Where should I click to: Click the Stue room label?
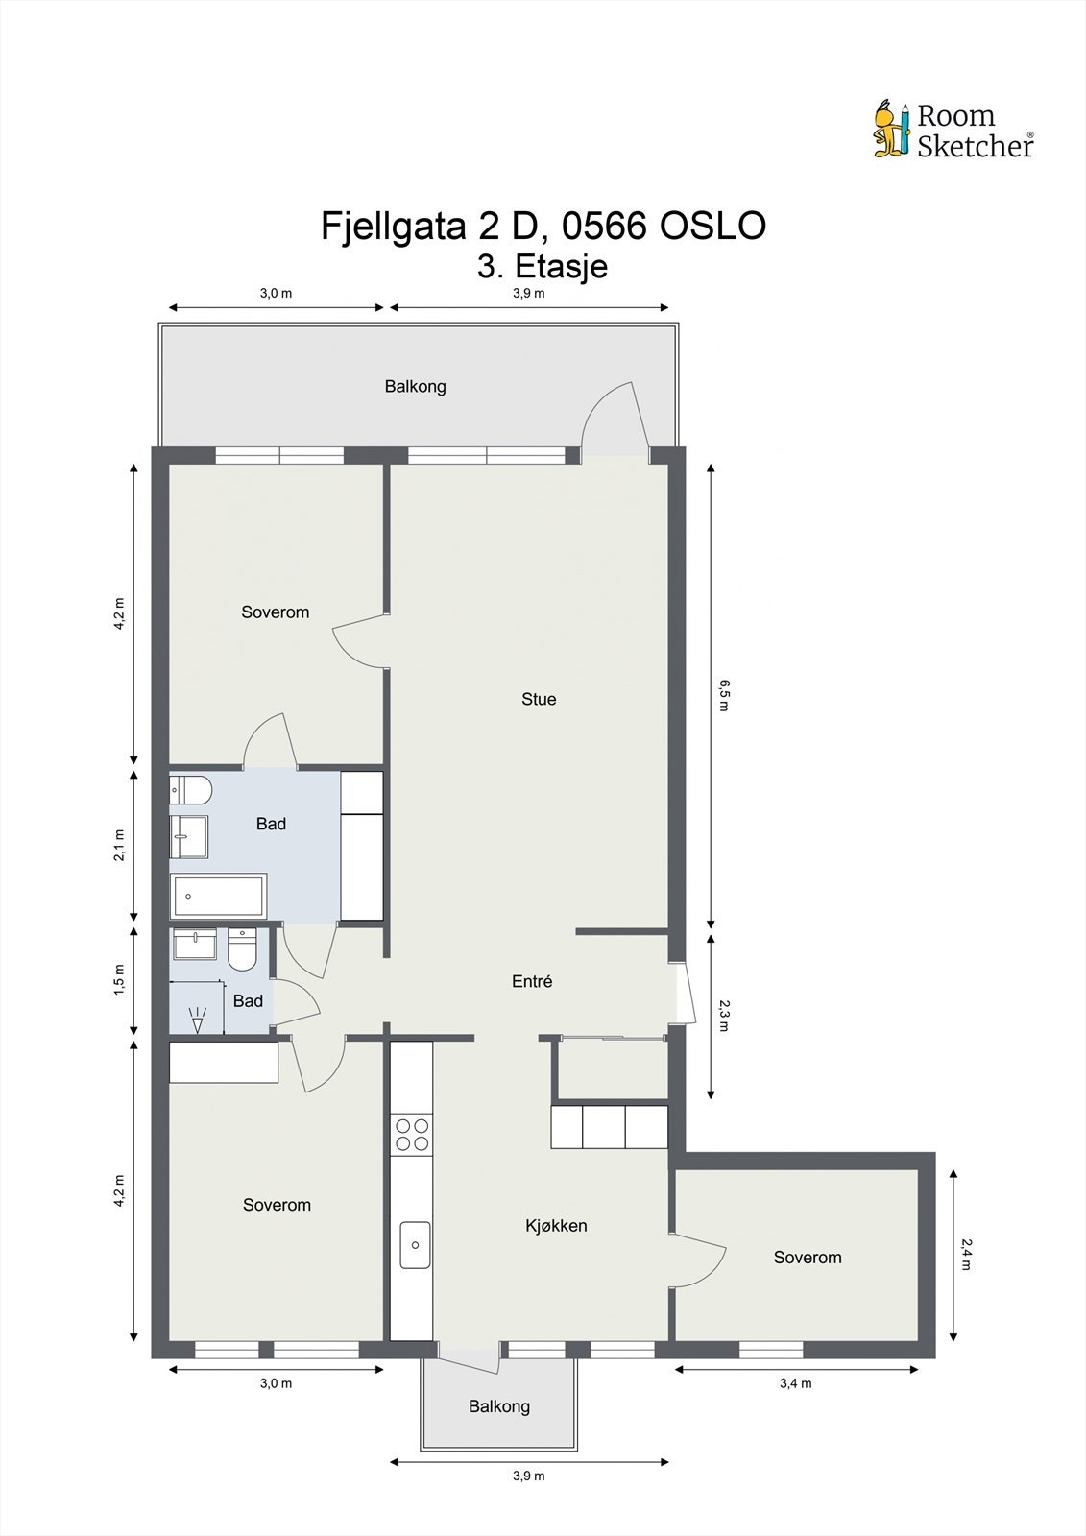tap(539, 699)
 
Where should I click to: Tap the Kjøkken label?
tap(556, 1225)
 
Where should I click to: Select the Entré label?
tap(532, 981)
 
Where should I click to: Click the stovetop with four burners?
tap(413, 1135)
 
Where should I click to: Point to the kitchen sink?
tap(415, 1245)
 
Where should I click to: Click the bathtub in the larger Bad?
tap(218, 897)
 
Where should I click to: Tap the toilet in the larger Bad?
tap(190, 791)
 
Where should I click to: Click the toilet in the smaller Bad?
tap(242, 949)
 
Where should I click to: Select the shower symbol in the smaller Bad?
tap(198, 1019)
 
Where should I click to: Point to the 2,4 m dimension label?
tap(966, 1254)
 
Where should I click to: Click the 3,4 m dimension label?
tap(796, 1383)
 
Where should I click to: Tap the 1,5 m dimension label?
tap(119, 980)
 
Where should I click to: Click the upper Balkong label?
tap(415, 386)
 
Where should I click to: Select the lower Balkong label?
tap(498, 1405)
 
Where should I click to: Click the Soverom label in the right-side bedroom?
tap(807, 1257)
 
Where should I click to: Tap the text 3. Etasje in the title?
tap(543, 265)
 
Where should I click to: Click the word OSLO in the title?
tap(712, 227)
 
